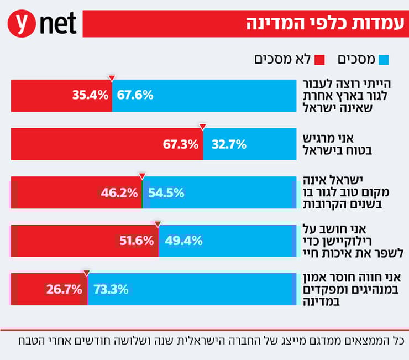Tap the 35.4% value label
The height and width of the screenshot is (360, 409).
90,95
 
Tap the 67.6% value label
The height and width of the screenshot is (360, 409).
135,95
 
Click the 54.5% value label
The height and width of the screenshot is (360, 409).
166,193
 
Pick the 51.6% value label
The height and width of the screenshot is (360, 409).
135,241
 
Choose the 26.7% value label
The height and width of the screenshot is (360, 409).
64,289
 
